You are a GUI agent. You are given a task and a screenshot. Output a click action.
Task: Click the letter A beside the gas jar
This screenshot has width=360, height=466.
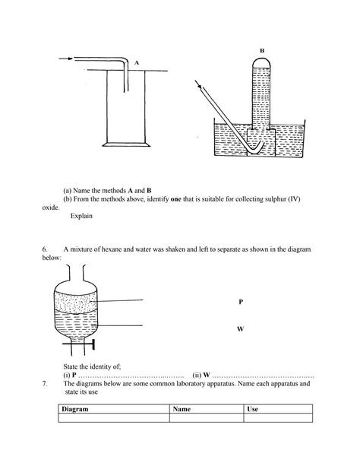(x=136, y=64)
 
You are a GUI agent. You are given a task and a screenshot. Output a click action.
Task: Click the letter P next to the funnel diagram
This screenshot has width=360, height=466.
(x=240, y=302)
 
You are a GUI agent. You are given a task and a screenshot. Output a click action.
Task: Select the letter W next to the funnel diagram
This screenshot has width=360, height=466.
(x=240, y=330)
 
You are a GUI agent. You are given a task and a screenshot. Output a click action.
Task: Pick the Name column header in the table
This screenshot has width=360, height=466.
(x=182, y=409)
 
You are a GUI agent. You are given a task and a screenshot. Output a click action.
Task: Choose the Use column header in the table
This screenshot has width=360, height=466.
(x=254, y=409)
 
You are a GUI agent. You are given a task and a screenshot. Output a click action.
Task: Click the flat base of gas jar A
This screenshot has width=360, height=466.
(x=123, y=144)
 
